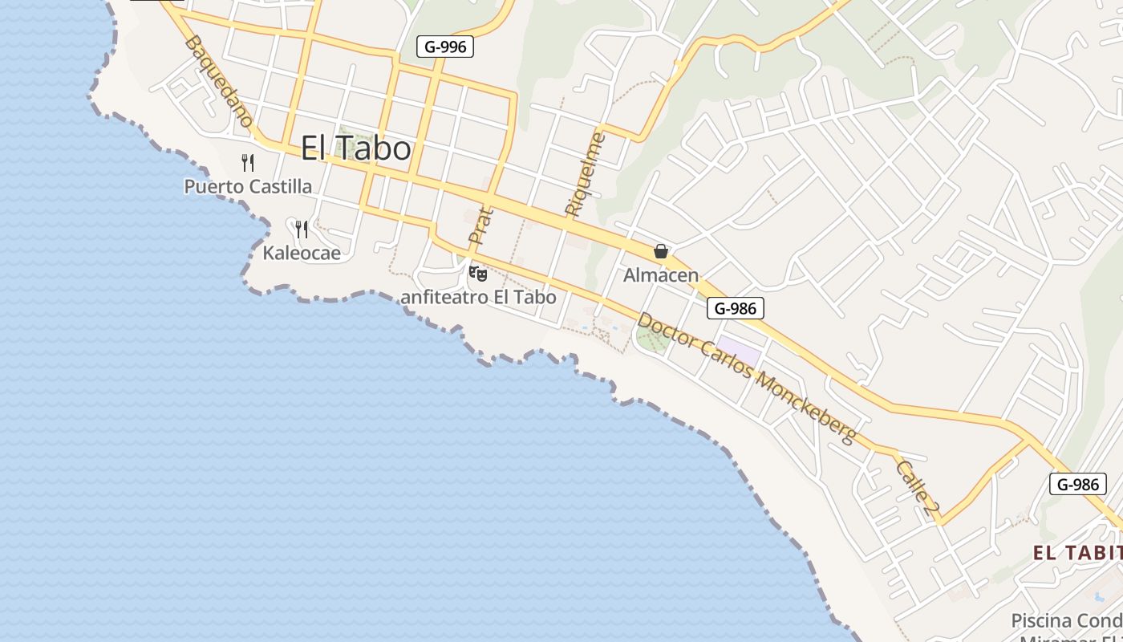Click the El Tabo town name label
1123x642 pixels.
tap(356, 148)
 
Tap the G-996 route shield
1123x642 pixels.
tap(445, 47)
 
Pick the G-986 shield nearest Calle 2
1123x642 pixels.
tap(1077, 484)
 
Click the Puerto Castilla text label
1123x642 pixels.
tap(248, 187)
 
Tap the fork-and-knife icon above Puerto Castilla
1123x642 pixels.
tap(248, 163)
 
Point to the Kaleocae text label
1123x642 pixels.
tap(302, 254)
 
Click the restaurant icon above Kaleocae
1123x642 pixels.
tap(302, 230)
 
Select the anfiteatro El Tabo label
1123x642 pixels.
tap(478, 297)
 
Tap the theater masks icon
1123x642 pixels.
tap(478, 274)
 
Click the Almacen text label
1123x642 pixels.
tap(661, 275)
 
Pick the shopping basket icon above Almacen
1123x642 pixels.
tap(661, 252)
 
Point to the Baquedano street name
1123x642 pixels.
tap(218, 80)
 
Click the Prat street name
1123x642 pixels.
tap(480, 226)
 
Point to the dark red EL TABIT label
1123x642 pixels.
tap(1076, 553)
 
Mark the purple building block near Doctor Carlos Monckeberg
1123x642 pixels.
tap(737, 352)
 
